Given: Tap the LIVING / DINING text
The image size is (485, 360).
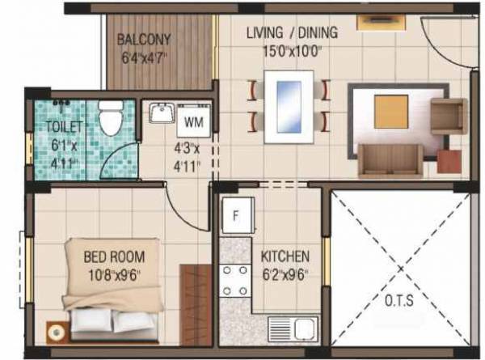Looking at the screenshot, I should (x=292, y=33).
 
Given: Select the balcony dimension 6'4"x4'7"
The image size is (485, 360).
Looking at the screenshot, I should (x=143, y=57).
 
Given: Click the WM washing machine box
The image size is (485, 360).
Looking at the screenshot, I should (x=192, y=123).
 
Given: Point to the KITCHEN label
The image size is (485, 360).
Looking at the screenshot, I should (x=285, y=256).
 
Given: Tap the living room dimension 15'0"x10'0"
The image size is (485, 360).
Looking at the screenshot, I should (x=292, y=51).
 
